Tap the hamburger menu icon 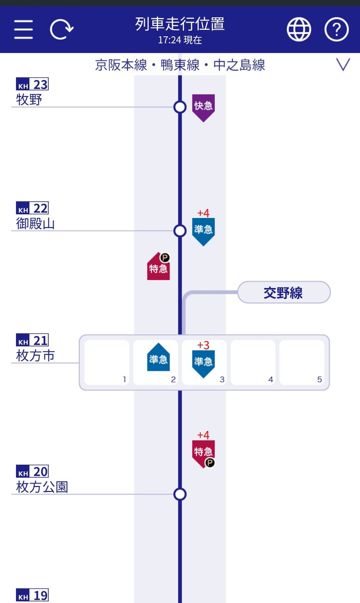pyautogui.click(x=24, y=30)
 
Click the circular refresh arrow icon pyautogui.click(x=61, y=30)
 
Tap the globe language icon pyautogui.click(x=299, y=30)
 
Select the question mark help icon pyautogui.click(x=336, y=30)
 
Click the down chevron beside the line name pyautogui.click(x=343, y=65)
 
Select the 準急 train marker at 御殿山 pyautogui.click(x=203, y=231)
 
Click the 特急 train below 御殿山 pyautogui.click(x=158, y=267)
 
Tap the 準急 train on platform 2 pyautogui.click(x=158, y=358)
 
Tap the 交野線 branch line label pyautogui.click(x=284, y=293)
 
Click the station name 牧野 pyautogui.click(x=29, y=100)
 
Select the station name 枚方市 pyautogui.click(x=35, y=356)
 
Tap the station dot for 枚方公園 pyautogui.click(x=180, y=494)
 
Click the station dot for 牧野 pyautogui.click(x=180, y=107)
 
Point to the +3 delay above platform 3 pyautogui.click(x=203, y=346)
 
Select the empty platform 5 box pyautogui.click(x=302, y=362)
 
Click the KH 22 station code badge pyautogui.click(x=32, y=208)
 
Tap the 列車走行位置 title pyautogui.click(x=179, y=24)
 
